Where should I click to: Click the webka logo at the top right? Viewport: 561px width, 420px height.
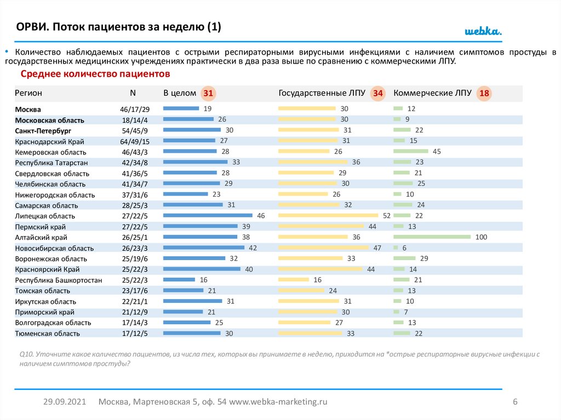tap(483, 31)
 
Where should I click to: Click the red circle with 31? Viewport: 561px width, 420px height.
tap(208, 94)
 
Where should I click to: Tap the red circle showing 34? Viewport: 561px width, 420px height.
tap(378, 94)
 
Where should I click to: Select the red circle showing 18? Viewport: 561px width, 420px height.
tap(484, 94)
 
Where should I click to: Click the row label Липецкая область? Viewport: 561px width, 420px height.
tap(45, 216)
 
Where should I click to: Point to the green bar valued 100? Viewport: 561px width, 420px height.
tap(432, 237)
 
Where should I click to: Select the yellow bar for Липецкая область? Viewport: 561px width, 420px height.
tap(328, 216)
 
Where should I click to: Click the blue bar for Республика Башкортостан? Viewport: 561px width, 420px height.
tap(179, 279)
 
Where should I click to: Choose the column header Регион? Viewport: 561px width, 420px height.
tap(28, 93)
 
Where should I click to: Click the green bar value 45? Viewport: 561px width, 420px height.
tap(437, 151)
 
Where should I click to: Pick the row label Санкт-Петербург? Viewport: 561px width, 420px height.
tap(43, 131)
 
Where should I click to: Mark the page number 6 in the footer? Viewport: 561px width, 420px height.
tap(515, 401)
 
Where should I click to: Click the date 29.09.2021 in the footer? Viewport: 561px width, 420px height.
tap(65, 401)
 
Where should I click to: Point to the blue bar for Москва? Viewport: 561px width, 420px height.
tap(181, 108)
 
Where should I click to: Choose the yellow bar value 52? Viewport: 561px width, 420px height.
tap(386, 216)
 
